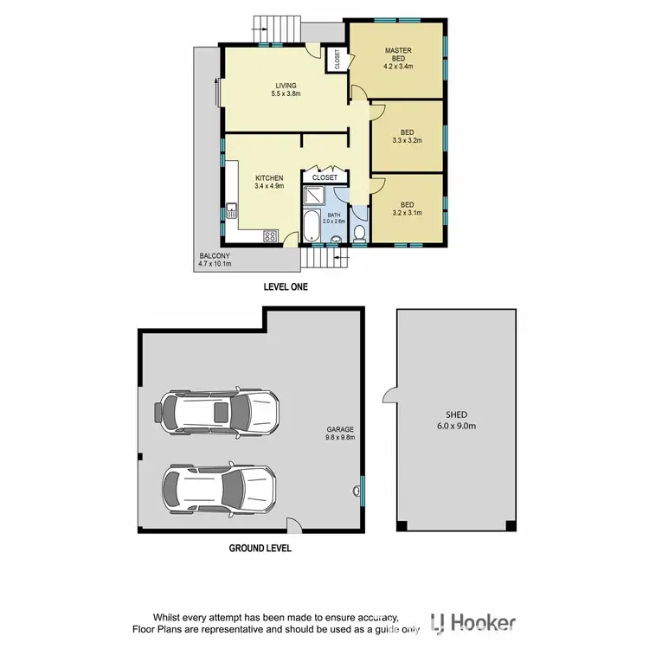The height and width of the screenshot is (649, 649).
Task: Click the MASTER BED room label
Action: click(399, 58)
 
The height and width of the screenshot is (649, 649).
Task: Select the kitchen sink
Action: click(231, 209)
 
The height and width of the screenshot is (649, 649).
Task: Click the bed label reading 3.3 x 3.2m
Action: click(407, 138)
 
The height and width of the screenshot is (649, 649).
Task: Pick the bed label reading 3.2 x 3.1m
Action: click(407, 208)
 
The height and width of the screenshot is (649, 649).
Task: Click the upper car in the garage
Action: click(217, 413)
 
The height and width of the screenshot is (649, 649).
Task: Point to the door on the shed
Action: click(389, 398)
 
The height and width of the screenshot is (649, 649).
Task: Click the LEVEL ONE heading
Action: click(285, 286)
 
